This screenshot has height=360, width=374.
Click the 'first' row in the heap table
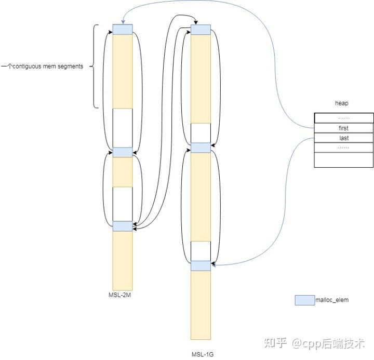point(343,128)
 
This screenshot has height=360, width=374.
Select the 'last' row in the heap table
point(343,138)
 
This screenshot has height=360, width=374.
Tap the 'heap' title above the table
point(341,104)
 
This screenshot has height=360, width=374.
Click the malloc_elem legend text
point(332,300)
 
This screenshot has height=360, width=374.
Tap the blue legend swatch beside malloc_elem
point(304,300)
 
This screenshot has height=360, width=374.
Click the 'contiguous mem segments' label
point(43,67)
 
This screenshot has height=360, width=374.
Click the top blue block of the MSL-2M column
point(123,30)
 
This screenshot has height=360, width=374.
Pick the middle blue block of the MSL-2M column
point(123,152)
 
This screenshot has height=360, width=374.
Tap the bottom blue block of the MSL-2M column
point(123,226)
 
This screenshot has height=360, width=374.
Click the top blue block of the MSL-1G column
point(201,30)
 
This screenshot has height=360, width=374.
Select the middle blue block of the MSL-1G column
point(201,148)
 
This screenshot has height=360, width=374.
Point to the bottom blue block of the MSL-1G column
point(201,265)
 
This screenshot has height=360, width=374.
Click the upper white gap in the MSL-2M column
point(123,127)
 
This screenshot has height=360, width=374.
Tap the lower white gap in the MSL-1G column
point(201,250)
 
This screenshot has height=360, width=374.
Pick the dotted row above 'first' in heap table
point(343,118)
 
